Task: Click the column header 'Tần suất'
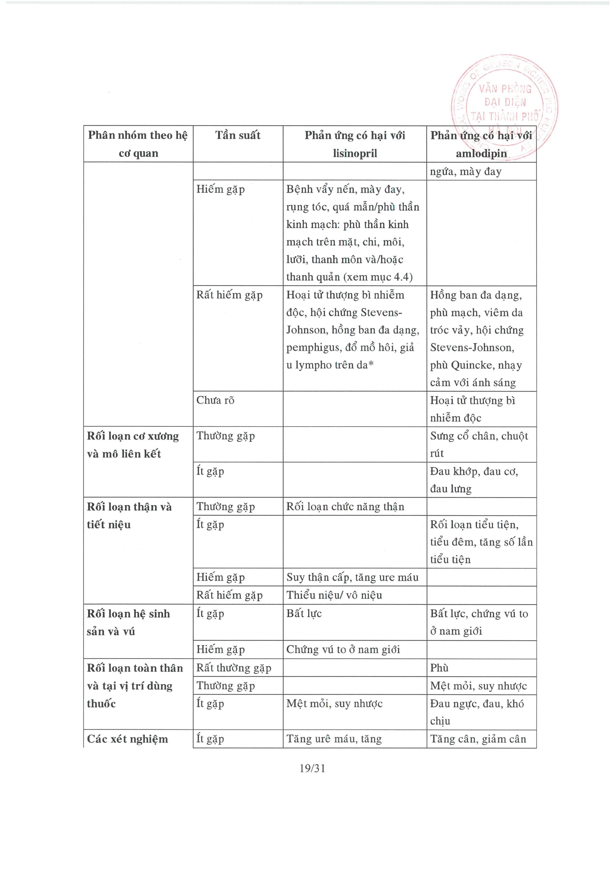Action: point(238,136)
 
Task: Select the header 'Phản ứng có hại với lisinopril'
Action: point(355,144)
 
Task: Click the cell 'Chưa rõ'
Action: point(215,400)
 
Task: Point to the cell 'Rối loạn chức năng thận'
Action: point(345,507)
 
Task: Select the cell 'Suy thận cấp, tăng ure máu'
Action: point(352,577)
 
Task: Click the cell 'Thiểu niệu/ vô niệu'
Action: point(334,595)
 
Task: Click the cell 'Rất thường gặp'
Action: point(233,668)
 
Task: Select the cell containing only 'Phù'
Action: point(439,668)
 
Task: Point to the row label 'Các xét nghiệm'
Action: point(127,739)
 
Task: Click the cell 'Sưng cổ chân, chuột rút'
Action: point(479,444)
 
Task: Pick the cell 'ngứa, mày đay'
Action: point(466,172)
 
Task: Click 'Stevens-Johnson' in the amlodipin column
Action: point(472,347)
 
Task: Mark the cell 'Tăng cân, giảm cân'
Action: point(478,739)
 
